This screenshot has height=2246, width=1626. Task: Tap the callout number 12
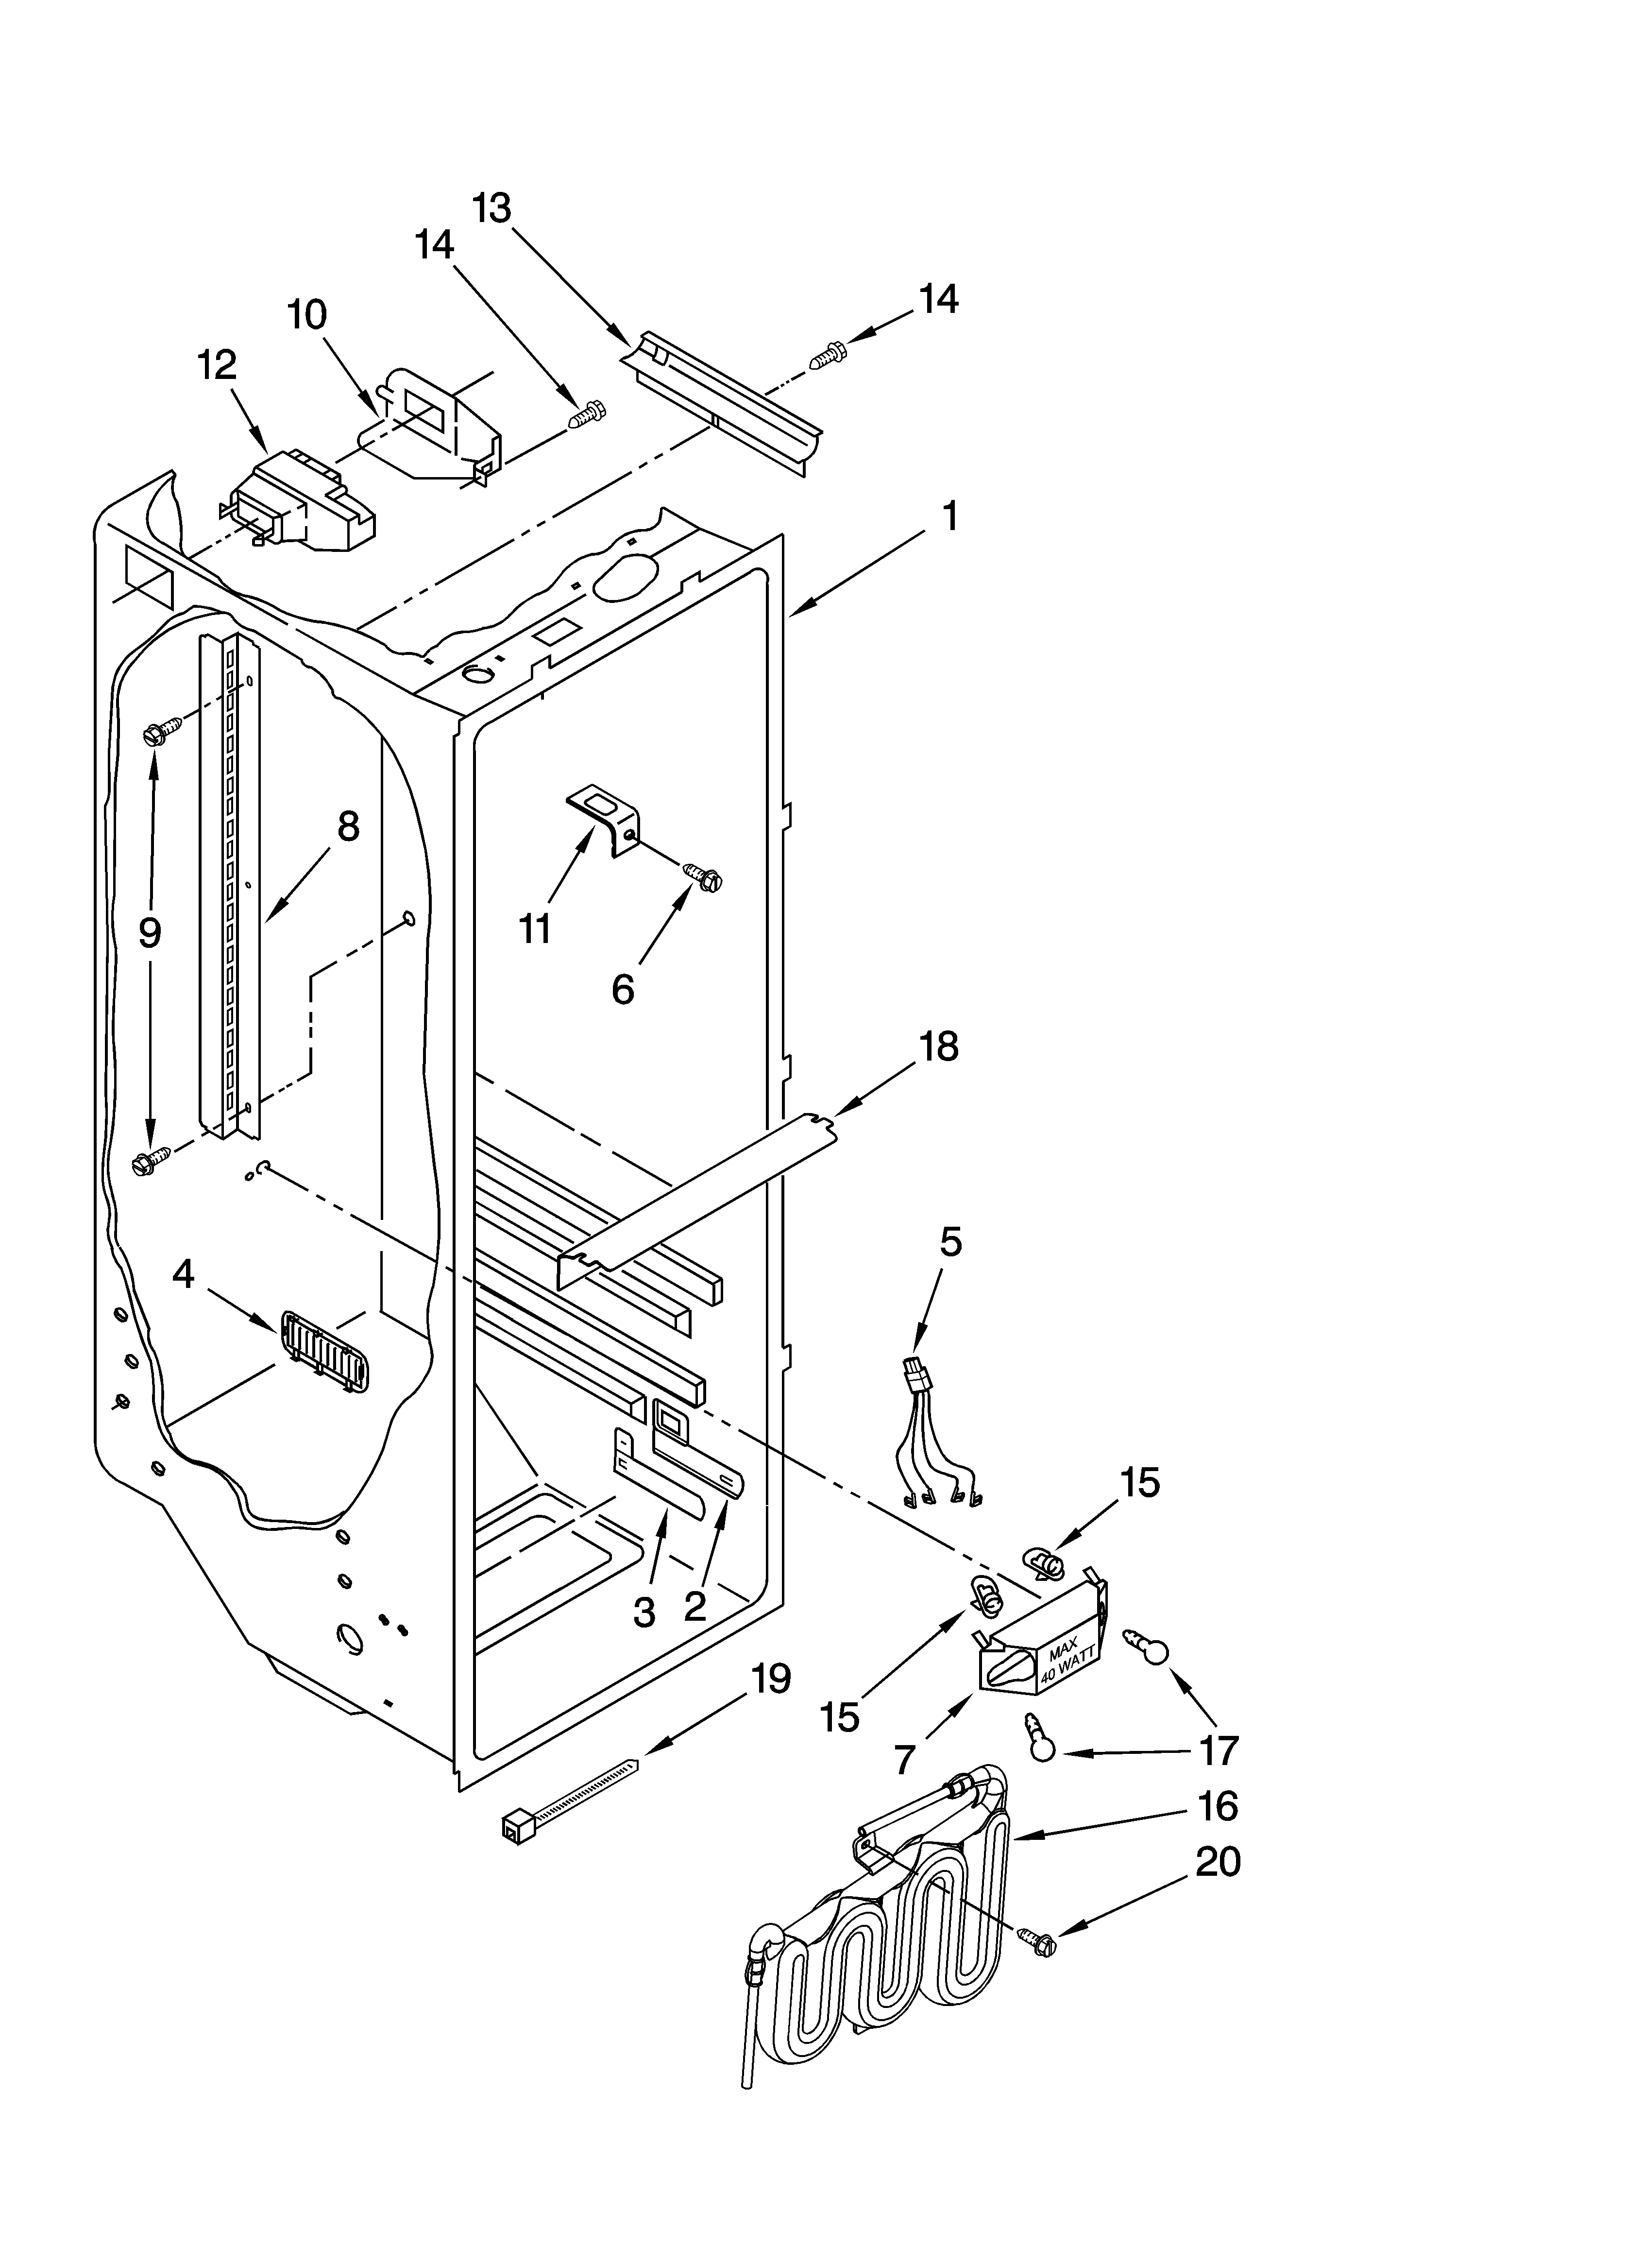(217, 365)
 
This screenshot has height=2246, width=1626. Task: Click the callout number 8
(348, 826)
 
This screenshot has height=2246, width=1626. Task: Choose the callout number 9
(150, 932)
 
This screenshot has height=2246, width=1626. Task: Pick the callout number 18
(939, 1047)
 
